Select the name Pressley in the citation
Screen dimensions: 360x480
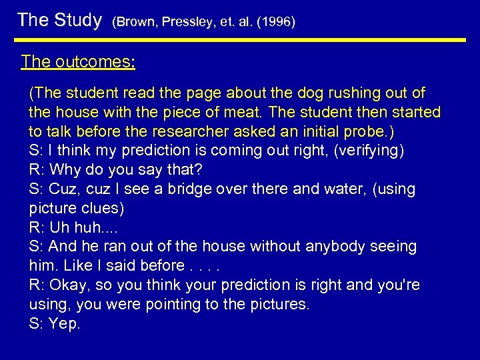pos(189,22)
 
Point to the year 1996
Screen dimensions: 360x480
pos(276,22)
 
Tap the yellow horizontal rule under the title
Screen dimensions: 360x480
pos(240,40)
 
